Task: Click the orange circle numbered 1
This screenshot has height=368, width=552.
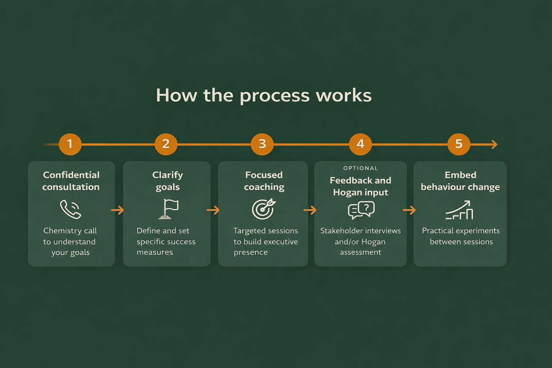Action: click(70, 144)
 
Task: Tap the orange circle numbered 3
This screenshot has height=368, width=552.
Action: click(262, 144)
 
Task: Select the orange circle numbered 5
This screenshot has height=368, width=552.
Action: click(459, 144)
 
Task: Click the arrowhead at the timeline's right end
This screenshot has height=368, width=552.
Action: click(495, 144)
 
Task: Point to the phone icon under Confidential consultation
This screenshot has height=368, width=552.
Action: click(70, 209)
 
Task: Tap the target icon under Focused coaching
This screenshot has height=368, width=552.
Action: click(263, 209)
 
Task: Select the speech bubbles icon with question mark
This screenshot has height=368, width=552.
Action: click(361, 210)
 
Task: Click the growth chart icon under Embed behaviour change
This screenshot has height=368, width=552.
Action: click(460, 210)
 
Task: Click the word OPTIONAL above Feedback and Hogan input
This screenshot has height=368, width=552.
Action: click(360, 168)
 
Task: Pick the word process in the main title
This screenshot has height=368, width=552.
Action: click(275, 96)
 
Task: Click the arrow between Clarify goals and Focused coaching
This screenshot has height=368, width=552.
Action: click(213, 210)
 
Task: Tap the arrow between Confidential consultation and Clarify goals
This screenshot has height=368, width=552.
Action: click(118, 210)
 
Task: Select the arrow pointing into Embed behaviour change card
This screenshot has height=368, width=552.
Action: click(409, 210)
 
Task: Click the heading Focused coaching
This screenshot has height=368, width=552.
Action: click(264, 181)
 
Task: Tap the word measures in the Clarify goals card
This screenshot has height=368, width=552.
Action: click(155, 252)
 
